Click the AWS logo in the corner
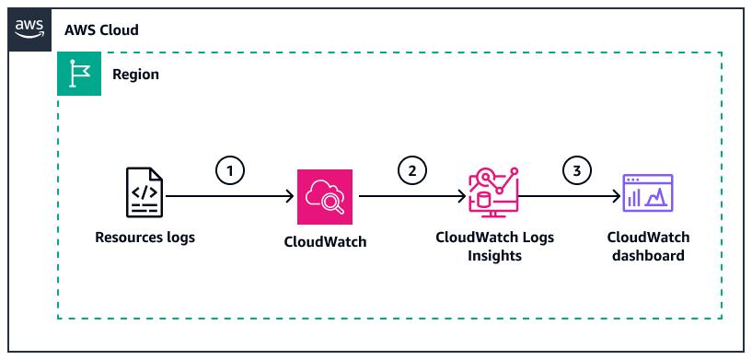point(28,29)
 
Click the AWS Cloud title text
point(101,29)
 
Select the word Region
point(135,75)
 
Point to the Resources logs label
point(145,238)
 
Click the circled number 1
point(229,170)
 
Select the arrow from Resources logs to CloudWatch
point(230,196)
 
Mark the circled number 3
point(576,170)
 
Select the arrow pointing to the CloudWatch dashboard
point(571,196)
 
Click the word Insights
point(494,256)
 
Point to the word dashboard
point(648,256)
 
